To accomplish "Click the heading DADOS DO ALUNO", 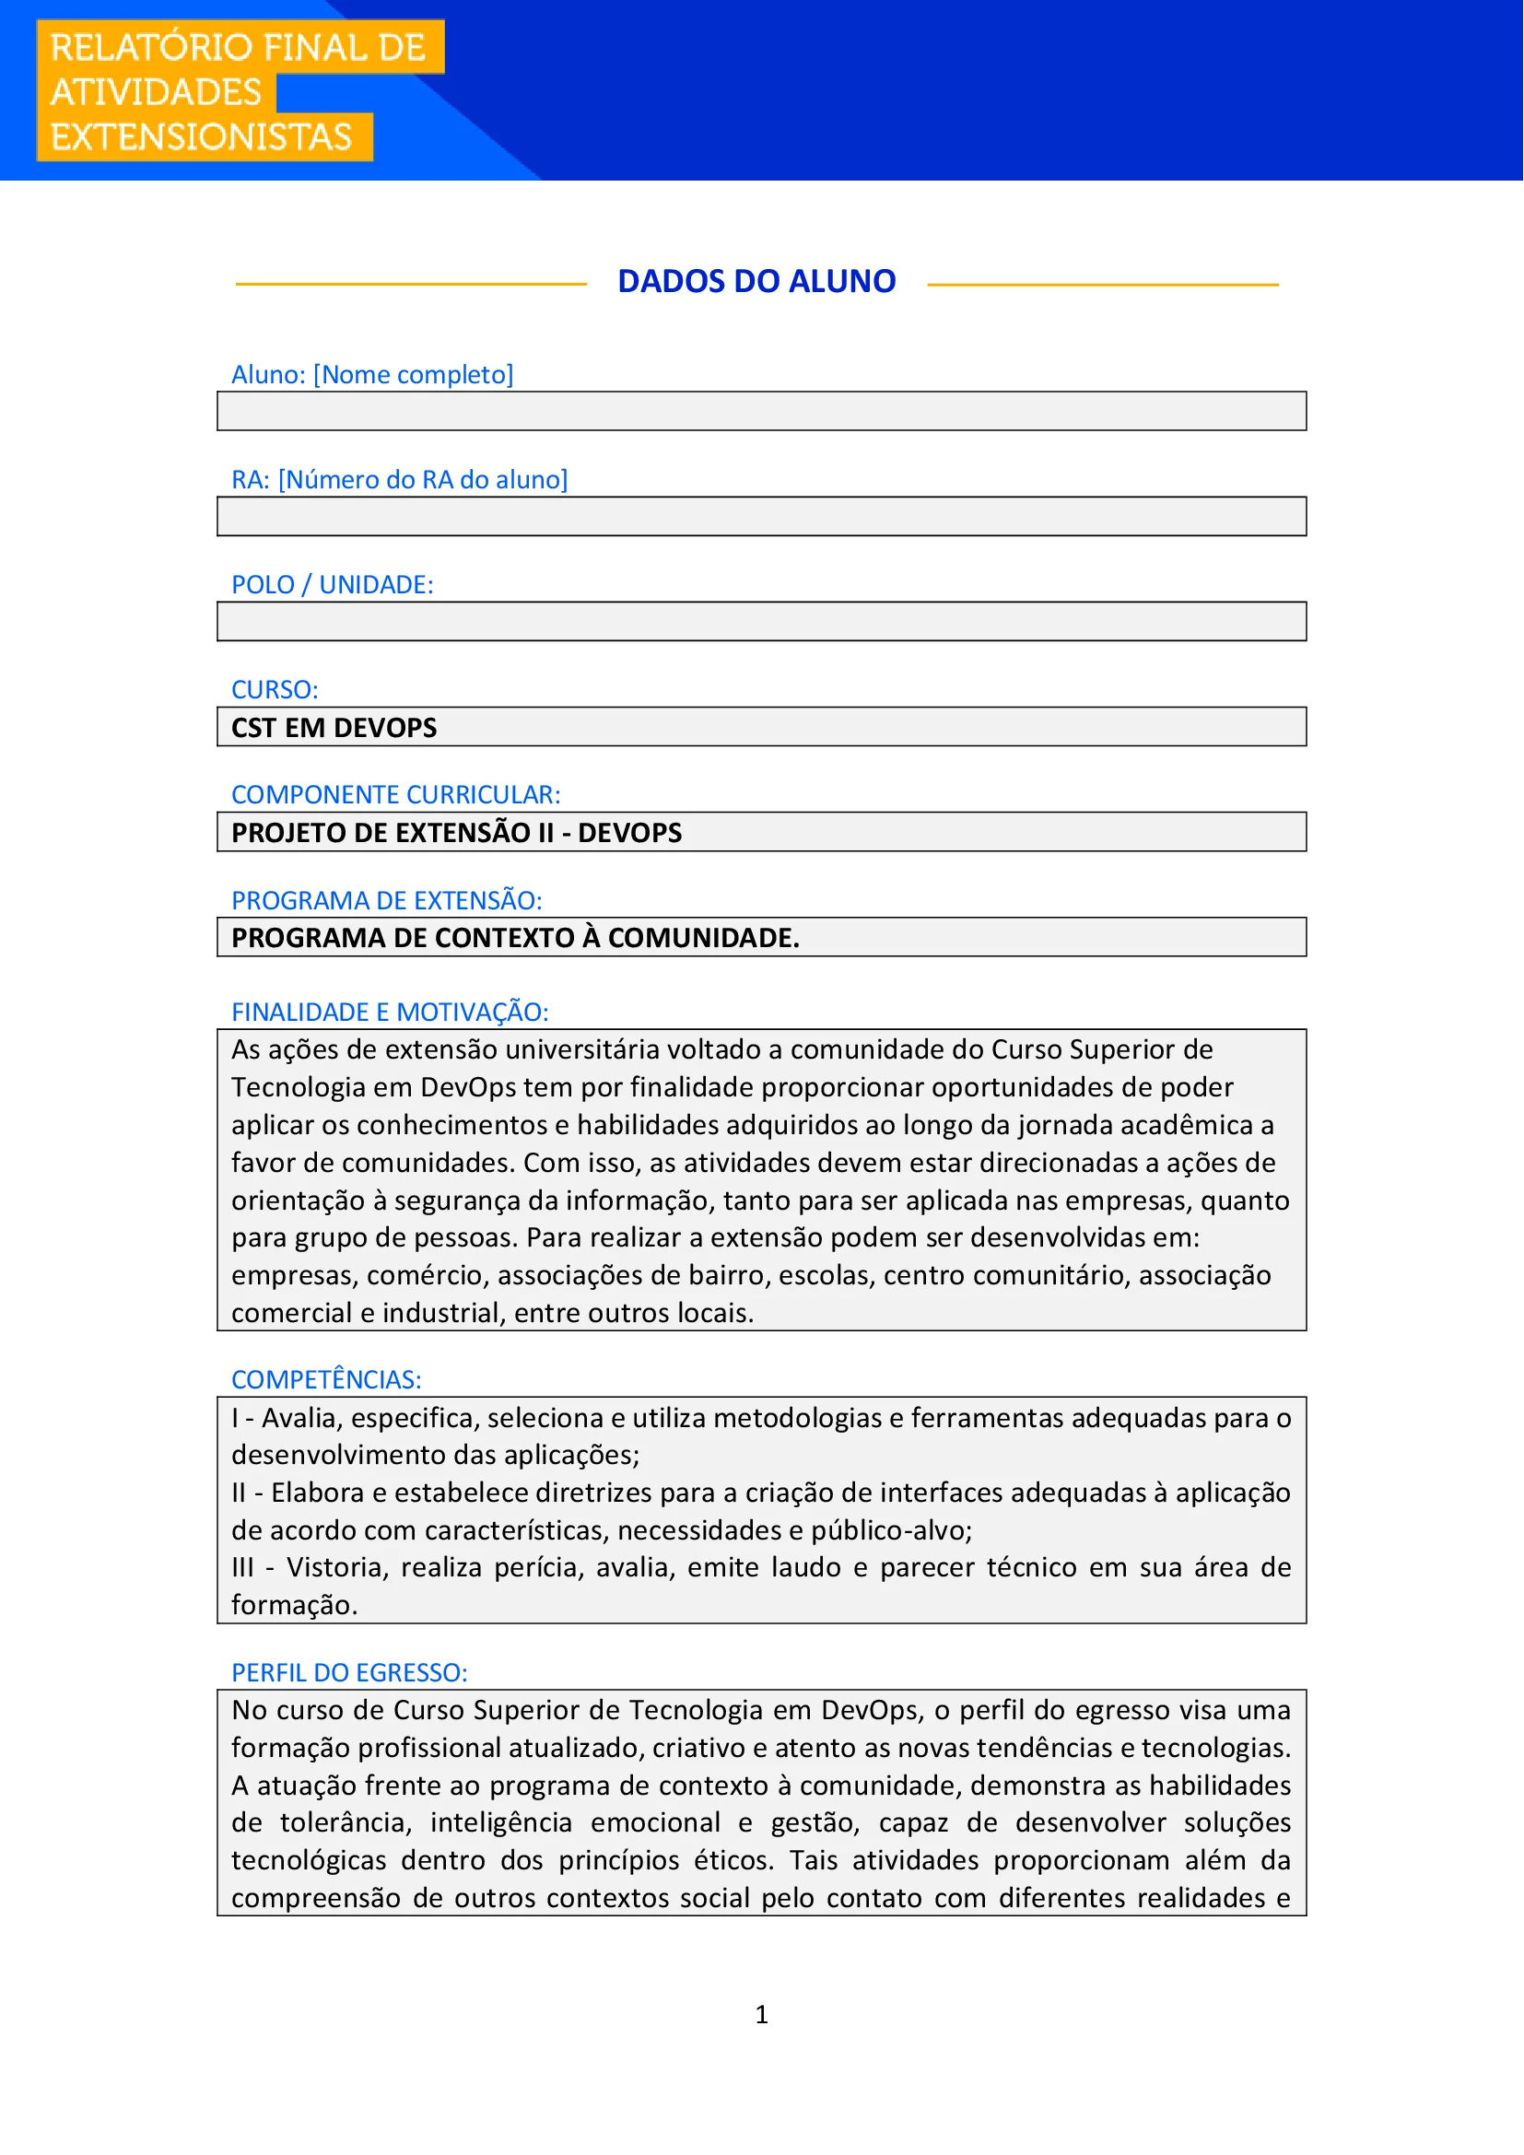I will point(756,282).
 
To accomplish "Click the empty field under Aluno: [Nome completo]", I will point(761,411).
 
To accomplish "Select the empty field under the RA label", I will point(761,516).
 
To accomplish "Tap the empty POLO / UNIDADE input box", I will point(761,621).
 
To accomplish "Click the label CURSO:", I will point(275,690).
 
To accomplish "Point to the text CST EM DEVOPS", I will point(334,728).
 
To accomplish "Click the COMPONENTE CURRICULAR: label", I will point(395,795).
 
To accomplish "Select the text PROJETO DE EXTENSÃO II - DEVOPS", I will point(456,833).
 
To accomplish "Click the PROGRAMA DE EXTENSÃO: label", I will point(387,900).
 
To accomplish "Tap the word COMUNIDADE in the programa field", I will point(703,938).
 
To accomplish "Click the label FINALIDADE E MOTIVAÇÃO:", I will point(390,1012).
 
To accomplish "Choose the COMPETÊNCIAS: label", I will point(326,1380).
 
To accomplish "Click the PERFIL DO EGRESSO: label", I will point(349,1672).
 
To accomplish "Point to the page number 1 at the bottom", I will point(761,2014).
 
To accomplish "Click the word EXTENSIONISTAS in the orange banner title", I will point(201,137).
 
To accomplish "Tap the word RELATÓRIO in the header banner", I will point(137,48).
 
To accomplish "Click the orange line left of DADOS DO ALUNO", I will point(410,285).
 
